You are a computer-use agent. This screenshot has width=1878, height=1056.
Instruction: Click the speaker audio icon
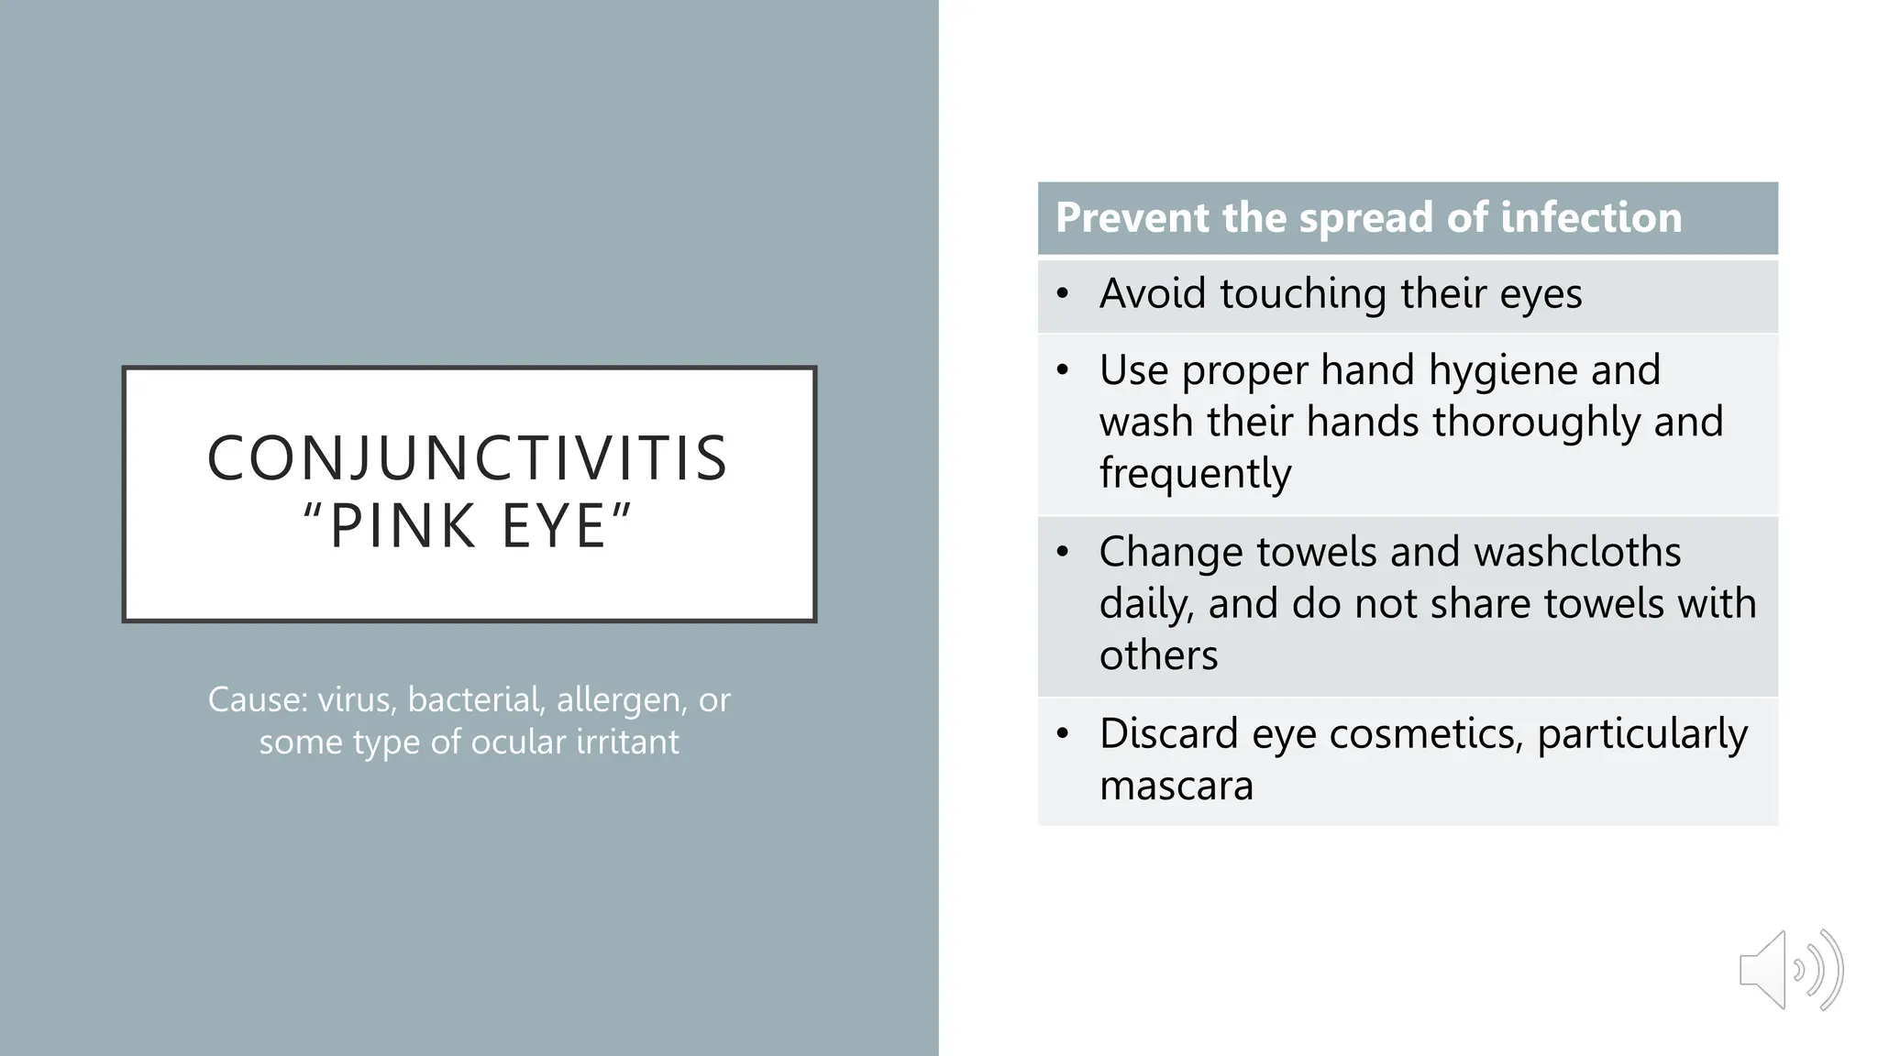[x=1790, y=970]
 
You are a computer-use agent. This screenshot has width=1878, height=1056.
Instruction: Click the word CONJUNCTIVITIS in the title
[x=468, y=458]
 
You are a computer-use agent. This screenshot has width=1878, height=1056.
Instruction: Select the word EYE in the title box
[x=554, y=526]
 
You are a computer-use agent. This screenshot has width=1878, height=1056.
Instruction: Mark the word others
[x=1158, y=655]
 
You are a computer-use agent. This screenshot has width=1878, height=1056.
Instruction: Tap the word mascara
[x=1176, y=786]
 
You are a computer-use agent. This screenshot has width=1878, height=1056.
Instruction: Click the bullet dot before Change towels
[x=1063, y=552]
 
